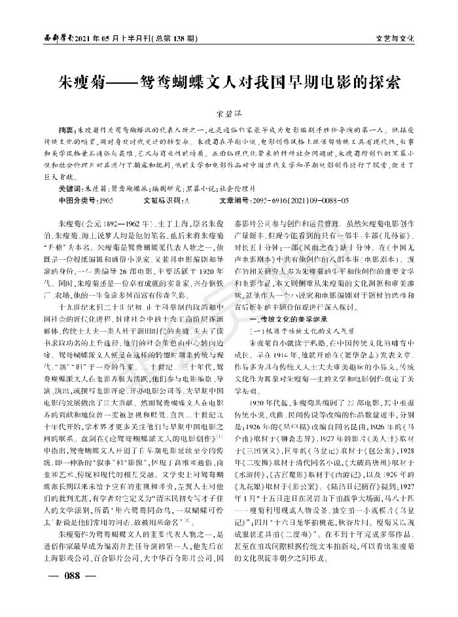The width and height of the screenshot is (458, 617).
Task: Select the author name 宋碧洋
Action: click(x=228, y=113)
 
